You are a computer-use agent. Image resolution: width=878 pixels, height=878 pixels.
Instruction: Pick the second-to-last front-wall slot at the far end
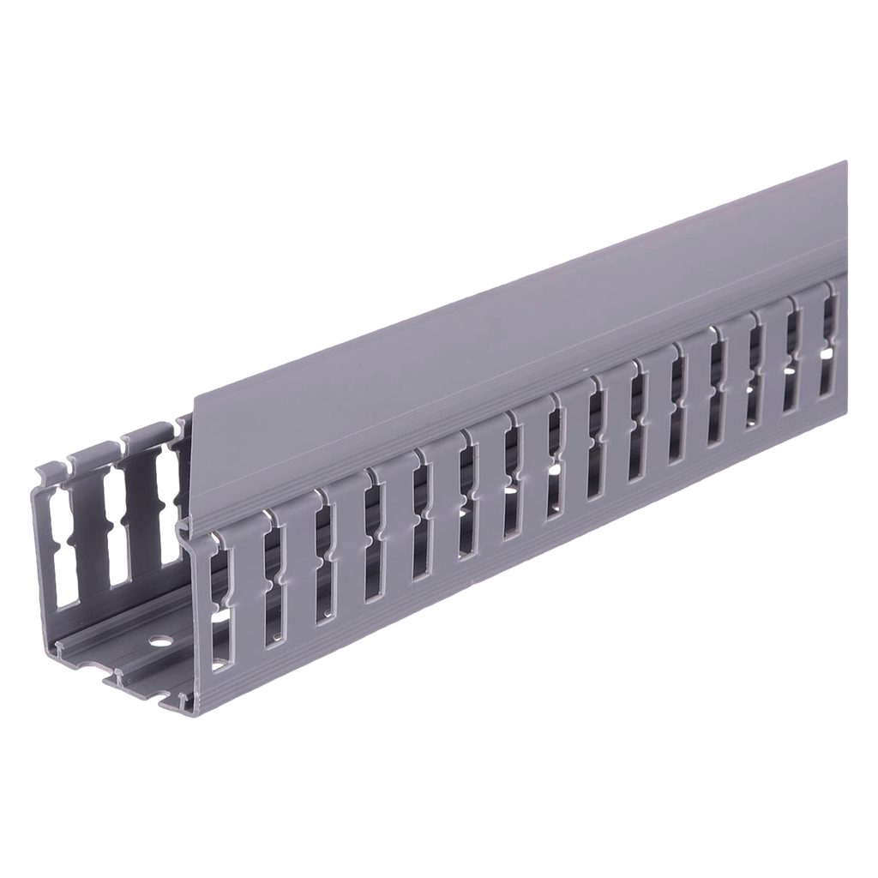coord(793,356)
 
